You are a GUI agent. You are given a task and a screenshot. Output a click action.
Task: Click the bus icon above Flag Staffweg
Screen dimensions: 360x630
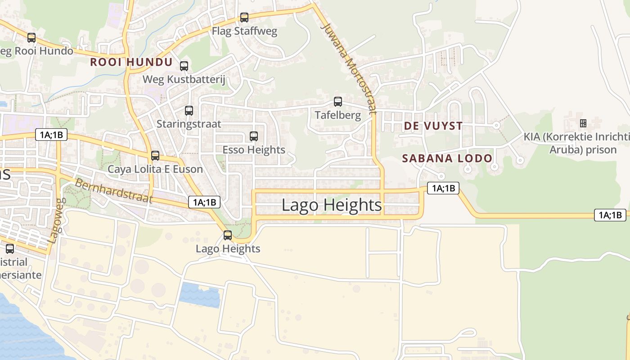(x=244, y=18)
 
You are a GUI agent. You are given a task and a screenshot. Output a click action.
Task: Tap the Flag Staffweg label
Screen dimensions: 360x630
(x=244, y=31)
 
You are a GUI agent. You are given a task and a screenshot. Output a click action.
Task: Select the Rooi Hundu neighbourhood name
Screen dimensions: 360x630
(x=131, y=62)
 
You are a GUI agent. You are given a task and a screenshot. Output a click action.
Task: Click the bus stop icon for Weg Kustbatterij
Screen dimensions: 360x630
(x=184, y=66)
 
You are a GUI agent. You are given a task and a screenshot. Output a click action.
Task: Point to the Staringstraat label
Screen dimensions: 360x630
(x=189, y=124)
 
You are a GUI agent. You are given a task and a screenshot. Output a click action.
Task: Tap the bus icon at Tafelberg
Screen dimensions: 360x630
(x=338, y=102)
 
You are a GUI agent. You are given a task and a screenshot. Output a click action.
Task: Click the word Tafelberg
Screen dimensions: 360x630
(x=338, y=115)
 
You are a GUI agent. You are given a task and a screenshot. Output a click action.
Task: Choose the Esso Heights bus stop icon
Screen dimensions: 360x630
(x=254, y=136)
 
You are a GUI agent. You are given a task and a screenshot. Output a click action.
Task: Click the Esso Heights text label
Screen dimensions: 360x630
(x=254, y=150)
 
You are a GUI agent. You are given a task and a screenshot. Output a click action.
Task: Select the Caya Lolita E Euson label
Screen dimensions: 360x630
(x=155, y=169)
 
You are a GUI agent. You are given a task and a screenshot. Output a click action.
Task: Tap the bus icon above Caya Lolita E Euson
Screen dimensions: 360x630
(x=155, y=156)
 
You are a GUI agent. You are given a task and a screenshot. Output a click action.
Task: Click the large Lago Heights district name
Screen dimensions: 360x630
(x=332, y=205)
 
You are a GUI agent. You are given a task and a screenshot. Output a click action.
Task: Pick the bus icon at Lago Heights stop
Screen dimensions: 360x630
(x=228, y=235)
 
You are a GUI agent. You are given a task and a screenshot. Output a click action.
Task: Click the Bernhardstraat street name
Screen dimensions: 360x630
(x=114, y=191)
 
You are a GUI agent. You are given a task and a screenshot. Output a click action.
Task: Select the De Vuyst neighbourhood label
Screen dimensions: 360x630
(x=433, y=126)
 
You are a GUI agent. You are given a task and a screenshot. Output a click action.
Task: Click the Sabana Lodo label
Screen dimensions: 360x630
(x=447, y=158)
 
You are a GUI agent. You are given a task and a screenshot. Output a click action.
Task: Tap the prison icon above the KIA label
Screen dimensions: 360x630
(x=583, y=123)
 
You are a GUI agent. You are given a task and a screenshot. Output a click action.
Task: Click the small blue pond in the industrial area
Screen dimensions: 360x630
(x=200, y=295)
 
